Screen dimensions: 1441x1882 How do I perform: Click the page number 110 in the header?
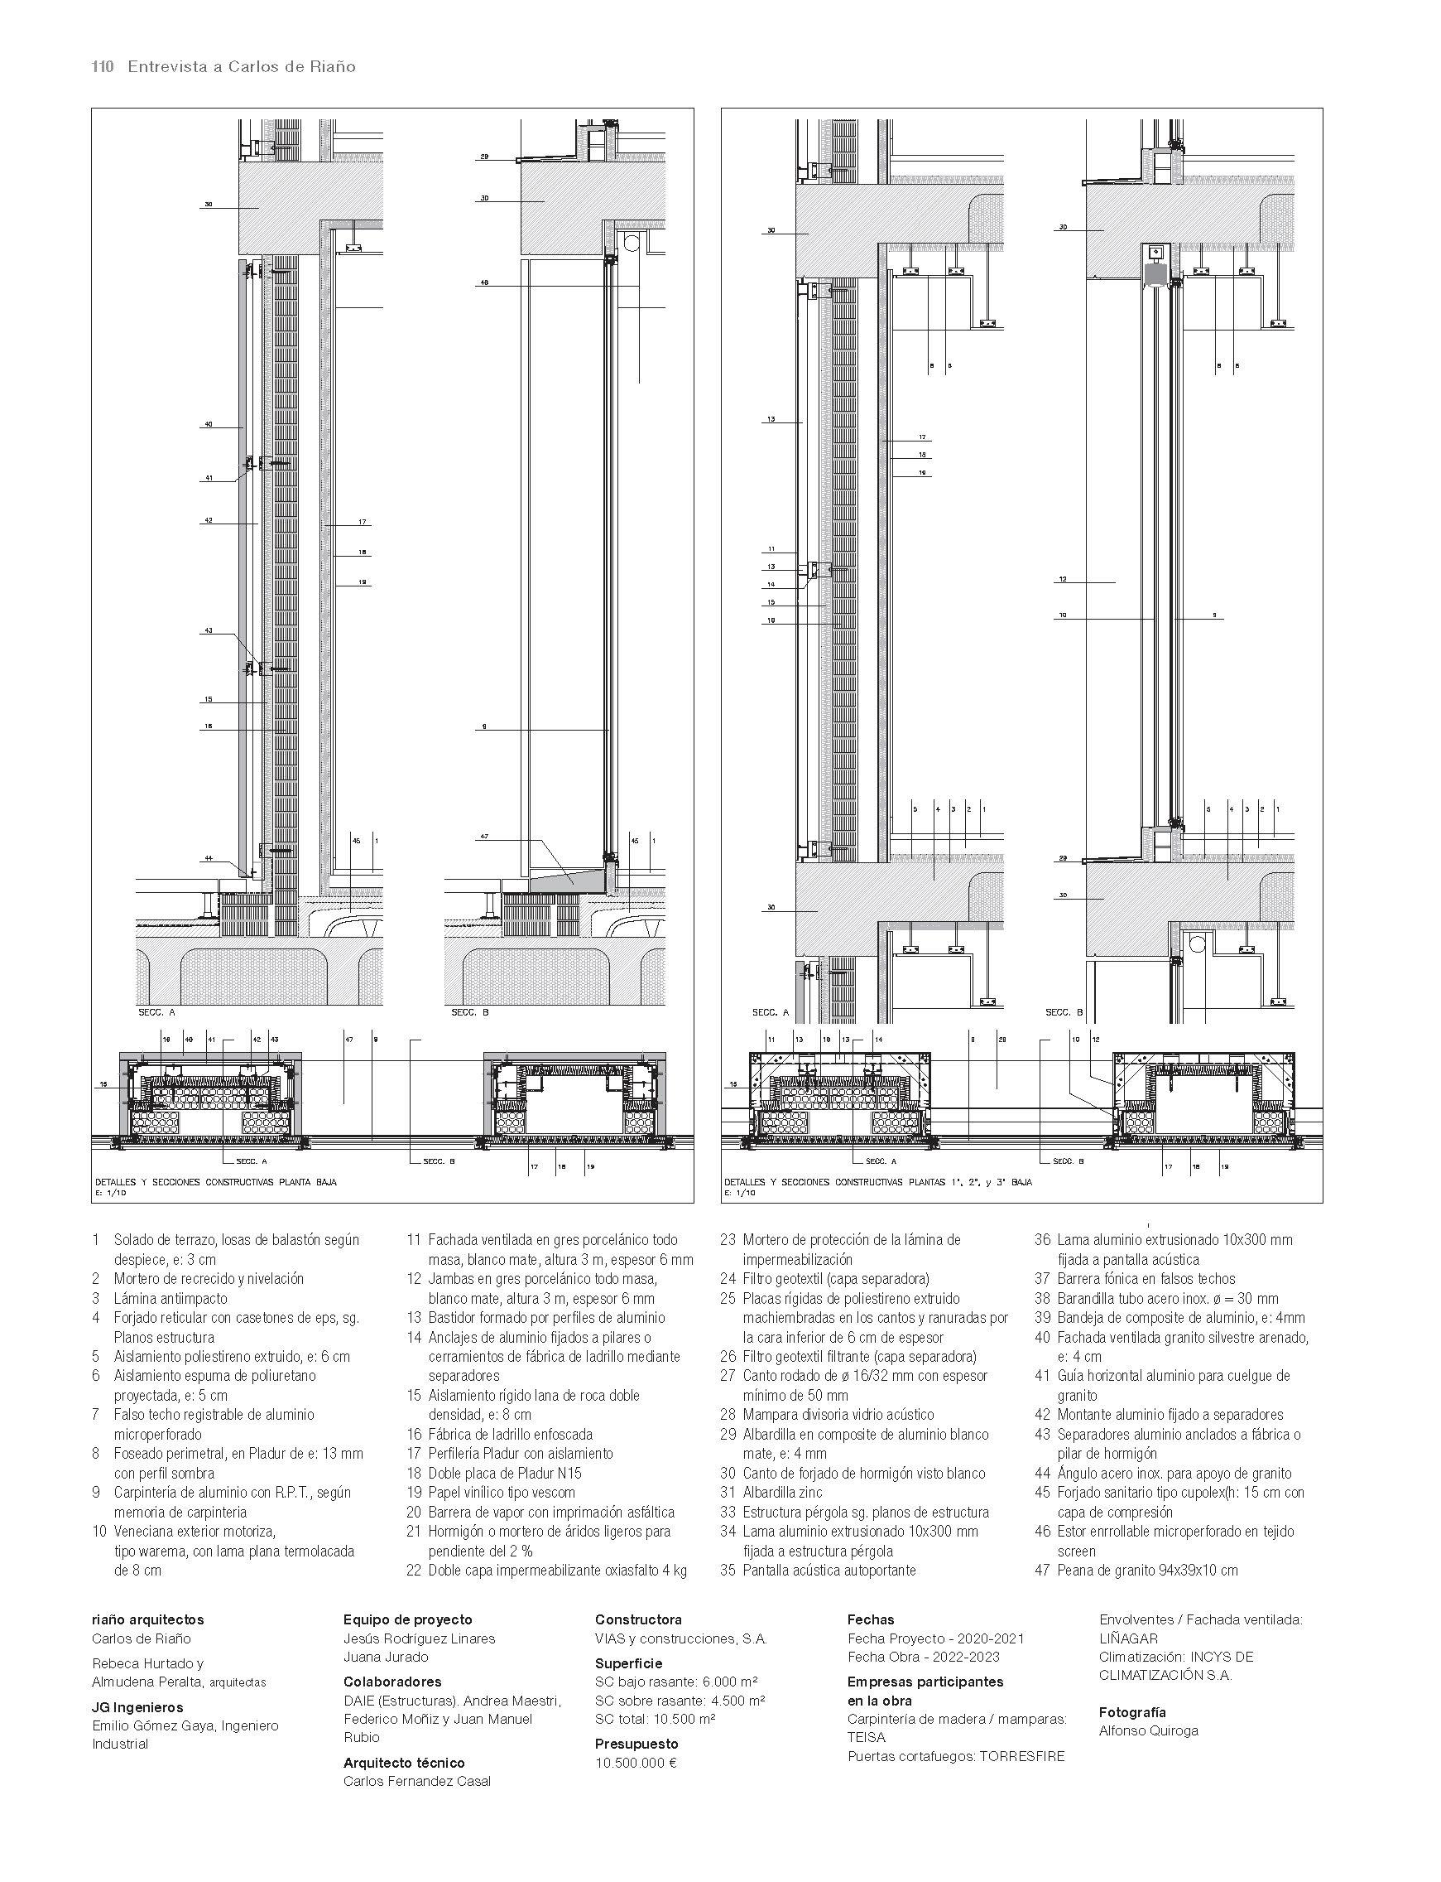(102, 67)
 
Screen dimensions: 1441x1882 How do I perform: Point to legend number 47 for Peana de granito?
(1043, 1571)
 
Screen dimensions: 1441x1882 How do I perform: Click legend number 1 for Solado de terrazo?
(96, 1240)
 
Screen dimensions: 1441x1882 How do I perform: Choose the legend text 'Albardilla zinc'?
(782, 1493)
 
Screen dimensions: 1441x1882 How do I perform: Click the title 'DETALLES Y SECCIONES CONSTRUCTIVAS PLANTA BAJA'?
(216, 1182)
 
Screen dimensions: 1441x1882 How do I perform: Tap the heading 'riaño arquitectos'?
(147, 1620)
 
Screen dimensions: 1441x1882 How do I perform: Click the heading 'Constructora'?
(638, 1620)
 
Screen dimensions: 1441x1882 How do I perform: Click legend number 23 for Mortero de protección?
(728, 1240)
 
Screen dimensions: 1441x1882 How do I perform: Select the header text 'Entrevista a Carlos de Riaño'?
(241, 67)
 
